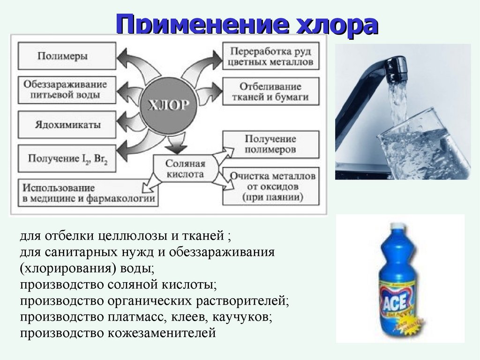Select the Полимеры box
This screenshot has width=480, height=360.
tap(67, 56)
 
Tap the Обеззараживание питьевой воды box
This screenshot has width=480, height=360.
tap(67, 90)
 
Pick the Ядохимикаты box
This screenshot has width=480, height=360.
tap(67, 125)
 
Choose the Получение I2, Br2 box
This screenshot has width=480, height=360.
tap(67, 158)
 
